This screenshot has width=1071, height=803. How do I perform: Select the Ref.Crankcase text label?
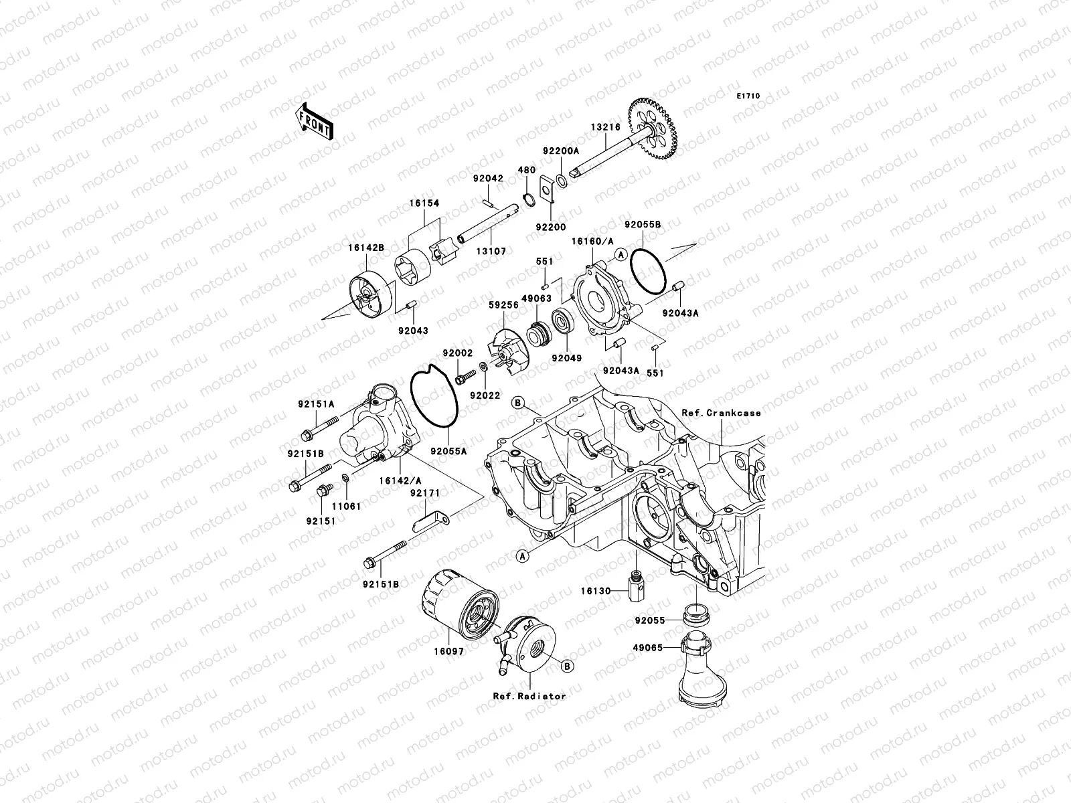(722, 413)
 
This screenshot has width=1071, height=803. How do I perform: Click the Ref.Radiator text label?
(529, 696)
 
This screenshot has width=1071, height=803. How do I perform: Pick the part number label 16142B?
(365, 248)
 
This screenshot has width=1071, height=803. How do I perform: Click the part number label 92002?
(457, 353)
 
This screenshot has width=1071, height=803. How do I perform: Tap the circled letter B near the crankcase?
(517, 403)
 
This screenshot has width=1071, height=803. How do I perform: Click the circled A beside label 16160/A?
(620, 254)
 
